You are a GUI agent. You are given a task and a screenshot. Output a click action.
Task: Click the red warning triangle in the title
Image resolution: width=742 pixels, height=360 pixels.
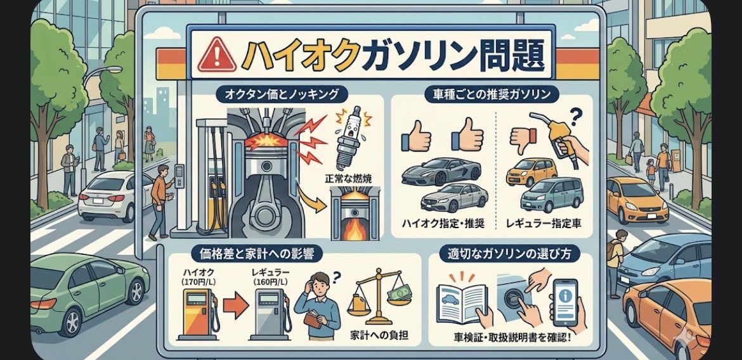pos(218,55)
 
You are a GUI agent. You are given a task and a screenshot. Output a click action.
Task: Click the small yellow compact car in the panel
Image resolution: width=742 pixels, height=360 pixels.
pos(531,172)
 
